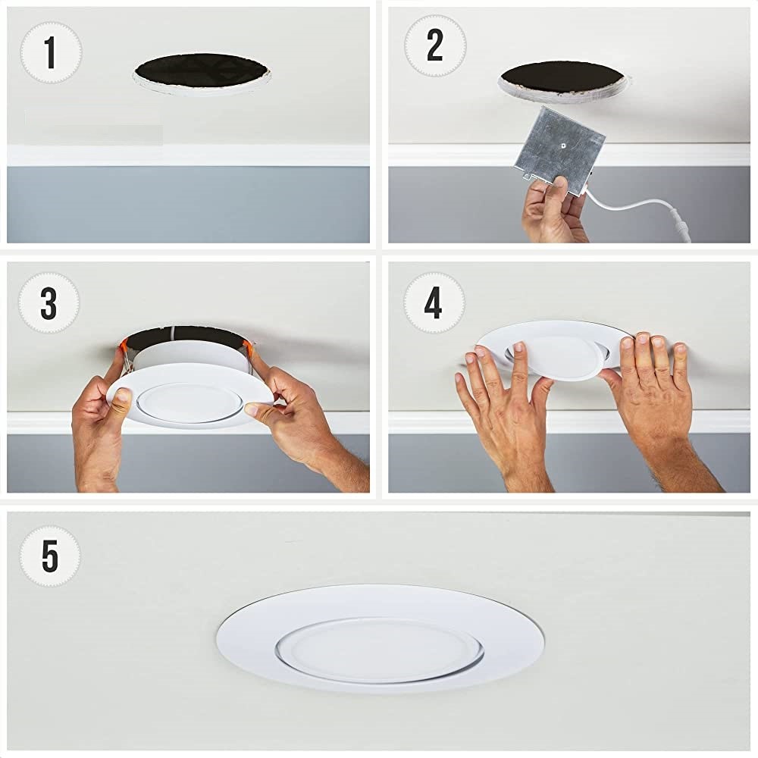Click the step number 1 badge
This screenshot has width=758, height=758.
pos(51,52)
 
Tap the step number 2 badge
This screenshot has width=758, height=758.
pos(435,45)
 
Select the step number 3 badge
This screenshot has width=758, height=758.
pos(49,302)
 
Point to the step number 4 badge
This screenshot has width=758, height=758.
pos(434,302)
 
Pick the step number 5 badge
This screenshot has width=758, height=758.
pos(50,556)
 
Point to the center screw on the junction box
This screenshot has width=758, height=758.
pos(563,143)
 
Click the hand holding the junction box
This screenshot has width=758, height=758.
pos(556,210)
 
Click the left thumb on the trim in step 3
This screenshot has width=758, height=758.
pos(122,397)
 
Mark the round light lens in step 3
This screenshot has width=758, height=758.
pos(189,402)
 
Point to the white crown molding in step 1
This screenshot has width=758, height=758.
pos(189,155)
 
